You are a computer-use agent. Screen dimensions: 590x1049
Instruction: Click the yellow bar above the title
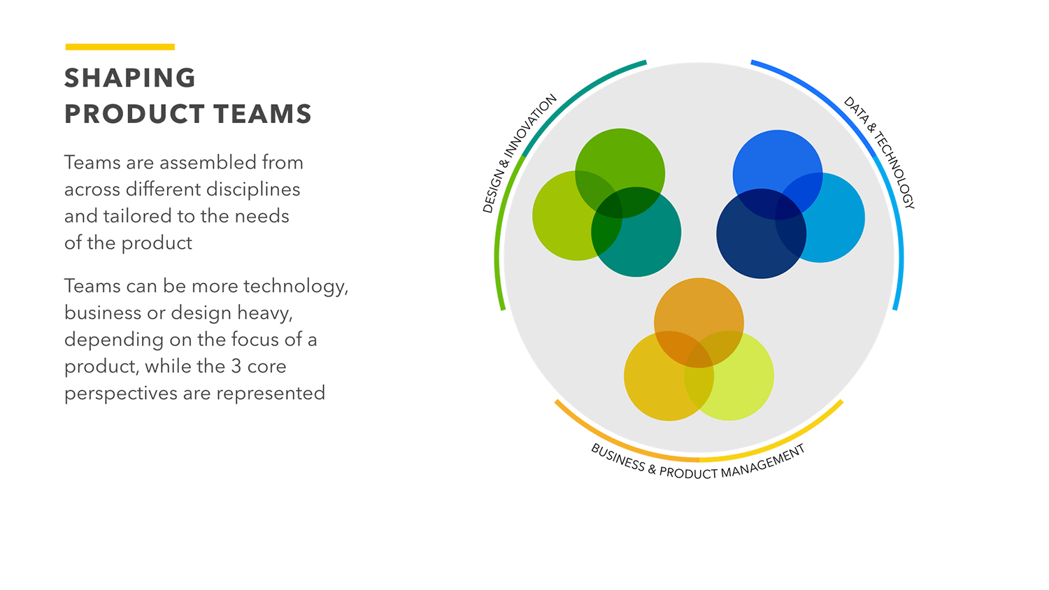(120, 47)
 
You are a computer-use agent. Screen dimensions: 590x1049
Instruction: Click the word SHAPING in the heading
(130, 78)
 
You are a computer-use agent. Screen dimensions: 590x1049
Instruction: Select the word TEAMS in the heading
(262, 114)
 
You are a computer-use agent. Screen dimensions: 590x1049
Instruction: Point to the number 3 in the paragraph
(236, 366)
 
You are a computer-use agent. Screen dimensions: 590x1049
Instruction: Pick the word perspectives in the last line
(120, 394)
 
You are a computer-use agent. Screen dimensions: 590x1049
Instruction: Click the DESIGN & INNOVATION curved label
(519, 153)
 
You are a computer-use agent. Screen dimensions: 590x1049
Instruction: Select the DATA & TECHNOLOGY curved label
(880, 152)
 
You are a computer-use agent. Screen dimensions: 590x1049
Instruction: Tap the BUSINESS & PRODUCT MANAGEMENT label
(698, 464)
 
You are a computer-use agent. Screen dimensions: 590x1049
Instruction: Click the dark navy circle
(748, 245)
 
